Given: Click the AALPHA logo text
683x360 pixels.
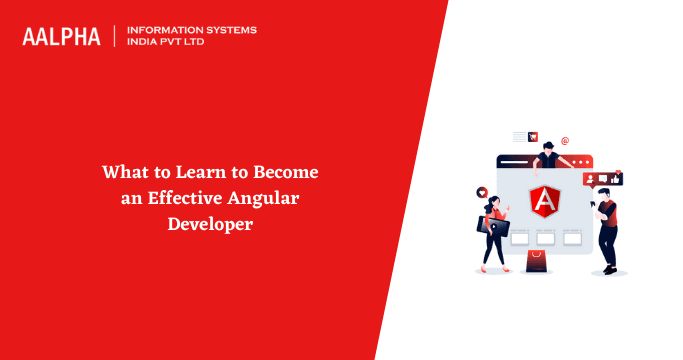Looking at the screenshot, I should pyautogui.click(x=62, y=37).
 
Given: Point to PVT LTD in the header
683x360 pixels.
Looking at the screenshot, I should pyautogui.click(x=198, y=44).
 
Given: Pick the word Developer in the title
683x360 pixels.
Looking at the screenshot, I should pyautogui.click(x=209, y=223).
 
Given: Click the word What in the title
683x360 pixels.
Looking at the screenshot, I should pyautogui.click(x=120, y=173).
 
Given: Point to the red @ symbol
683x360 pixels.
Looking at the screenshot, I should pyautogui.click(x=565, y=142).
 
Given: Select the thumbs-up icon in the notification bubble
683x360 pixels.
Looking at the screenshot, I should pyautogui.click(x=617, y=179).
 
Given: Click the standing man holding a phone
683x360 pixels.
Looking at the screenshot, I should pyautogui.click(x=606, y=228).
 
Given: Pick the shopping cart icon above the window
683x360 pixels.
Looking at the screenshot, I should pyautogui.click(x=533, y=137).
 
